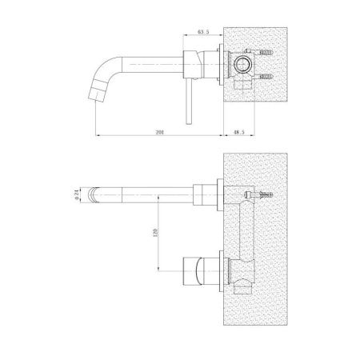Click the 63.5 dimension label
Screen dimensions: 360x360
tap(203, 32)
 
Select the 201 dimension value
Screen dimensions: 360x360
tap(160, 132)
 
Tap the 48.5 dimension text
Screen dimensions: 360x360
tap(239, 132)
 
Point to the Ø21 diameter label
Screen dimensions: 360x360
tap(77, 195)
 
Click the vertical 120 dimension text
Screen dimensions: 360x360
tap(157, 232)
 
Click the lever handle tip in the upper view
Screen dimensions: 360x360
tap(189, 122)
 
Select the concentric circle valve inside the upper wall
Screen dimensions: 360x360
tap(242, 65)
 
